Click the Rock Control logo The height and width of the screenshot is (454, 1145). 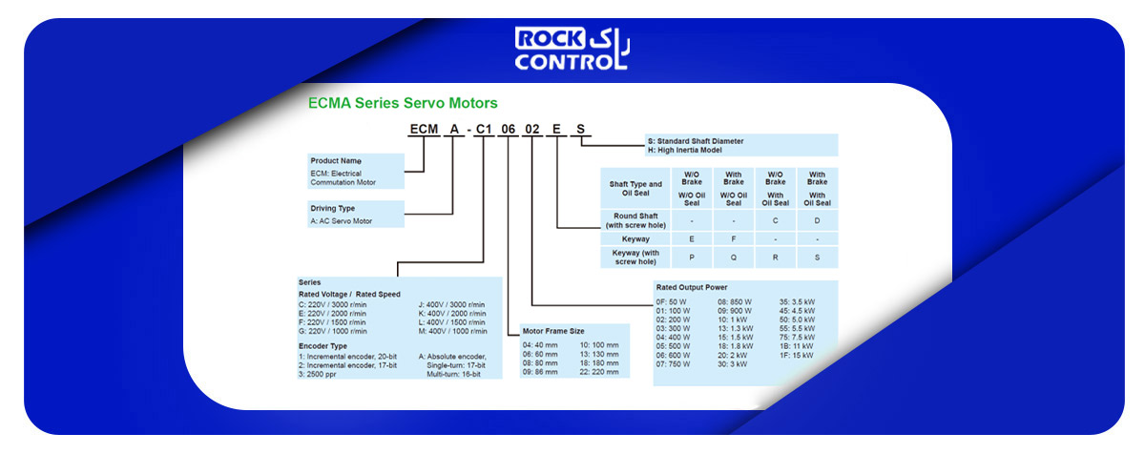click(572, 49)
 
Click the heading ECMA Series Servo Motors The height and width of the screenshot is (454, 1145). click(403, 103)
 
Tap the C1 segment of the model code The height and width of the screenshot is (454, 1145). click(483, 129)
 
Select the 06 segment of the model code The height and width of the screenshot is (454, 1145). click(508, 129)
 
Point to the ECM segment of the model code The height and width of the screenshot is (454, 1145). click(424, 129)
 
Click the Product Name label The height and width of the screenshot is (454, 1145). click(336, 161)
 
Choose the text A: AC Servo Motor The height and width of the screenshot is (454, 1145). click(341, 221)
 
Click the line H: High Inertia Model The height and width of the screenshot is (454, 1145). click(684, 150)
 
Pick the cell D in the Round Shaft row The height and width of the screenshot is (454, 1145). click(817, 220)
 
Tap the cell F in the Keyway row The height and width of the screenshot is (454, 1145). click(734, 239)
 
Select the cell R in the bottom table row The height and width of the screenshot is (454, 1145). click(775, 258)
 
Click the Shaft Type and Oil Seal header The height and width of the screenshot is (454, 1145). click(635, 189)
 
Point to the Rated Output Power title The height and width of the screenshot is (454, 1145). click(692, 287)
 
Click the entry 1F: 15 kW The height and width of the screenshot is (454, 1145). click(796, 356)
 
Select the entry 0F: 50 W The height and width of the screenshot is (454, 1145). click(671, 302)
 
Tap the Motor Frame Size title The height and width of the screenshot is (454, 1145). click(553, 331)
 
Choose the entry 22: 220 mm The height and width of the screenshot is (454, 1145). click(598, 372)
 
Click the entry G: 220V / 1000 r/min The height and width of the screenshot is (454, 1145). click(332, 331)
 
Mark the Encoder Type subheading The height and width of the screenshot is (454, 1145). click(323, 346)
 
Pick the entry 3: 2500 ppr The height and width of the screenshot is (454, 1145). click(317, 374)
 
